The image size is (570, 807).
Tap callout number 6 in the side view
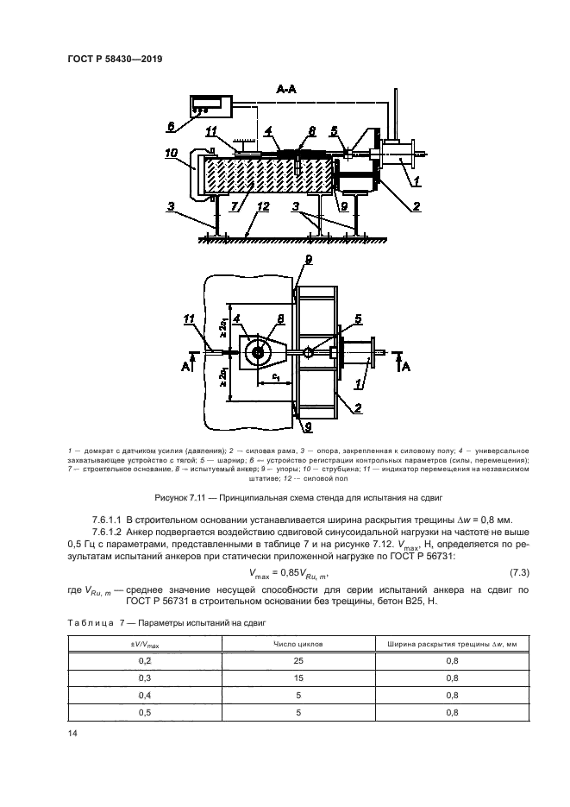pyautogui.click(x=170, y=127)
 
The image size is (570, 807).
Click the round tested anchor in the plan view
pyautogui.click(x=258, y=352)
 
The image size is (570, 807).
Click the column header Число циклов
pyautogui.click(x=297, y=643)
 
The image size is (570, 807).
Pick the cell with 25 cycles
pyautogui.click(x=297, y=661)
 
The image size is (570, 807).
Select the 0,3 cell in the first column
pyautogui.click(x=144, y=678)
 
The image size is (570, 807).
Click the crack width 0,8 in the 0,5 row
pyautogui.click(x=451, y=713)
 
